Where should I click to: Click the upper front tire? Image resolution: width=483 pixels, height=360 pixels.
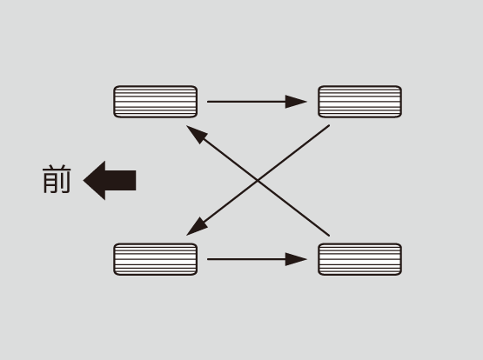(155, 102)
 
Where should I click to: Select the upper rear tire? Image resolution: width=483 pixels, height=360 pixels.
(359, 102)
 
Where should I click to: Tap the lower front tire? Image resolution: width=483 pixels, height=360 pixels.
(155, 259)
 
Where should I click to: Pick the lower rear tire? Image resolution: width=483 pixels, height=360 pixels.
(359, 259)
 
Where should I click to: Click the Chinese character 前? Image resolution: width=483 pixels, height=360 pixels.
(57, 179)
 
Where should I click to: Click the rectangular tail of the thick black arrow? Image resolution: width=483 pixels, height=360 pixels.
(120, 180)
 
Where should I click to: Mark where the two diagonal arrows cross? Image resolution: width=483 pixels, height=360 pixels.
(258, 180)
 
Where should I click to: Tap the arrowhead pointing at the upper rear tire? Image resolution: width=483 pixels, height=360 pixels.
(296, 102)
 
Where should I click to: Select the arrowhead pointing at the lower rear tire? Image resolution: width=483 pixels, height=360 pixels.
(296, 259)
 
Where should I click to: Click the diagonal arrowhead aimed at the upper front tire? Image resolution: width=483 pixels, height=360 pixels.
(196, 133)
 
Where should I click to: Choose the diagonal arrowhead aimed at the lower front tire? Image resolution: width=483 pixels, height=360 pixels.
(196, 228)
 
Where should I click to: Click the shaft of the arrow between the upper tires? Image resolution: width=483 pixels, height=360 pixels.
(246, 102)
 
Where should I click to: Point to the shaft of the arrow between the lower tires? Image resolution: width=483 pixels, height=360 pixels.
(246, 259)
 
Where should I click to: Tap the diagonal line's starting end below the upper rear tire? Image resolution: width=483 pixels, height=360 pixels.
(329, 125)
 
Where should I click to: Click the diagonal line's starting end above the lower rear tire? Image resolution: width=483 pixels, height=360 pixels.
(329, 236)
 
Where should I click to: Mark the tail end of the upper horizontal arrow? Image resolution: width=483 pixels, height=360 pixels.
(208, 102)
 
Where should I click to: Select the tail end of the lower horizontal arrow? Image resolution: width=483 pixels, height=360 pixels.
(208, 259)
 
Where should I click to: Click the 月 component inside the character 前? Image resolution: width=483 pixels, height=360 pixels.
(50, 184)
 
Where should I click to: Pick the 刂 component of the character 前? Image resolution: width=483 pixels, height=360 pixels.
(65, 184)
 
